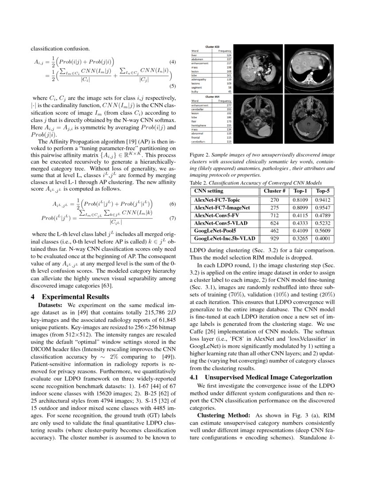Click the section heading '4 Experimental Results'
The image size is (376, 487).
(71, 297)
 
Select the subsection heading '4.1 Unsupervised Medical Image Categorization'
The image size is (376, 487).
(261, 377)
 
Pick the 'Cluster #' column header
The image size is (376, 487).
(275, 191)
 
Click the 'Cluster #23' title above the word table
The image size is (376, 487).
(211, 47)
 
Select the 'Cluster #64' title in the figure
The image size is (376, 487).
(211, 96)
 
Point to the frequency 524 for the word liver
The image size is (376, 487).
(229, 55)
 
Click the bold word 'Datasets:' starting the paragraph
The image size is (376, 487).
(52, 305)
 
